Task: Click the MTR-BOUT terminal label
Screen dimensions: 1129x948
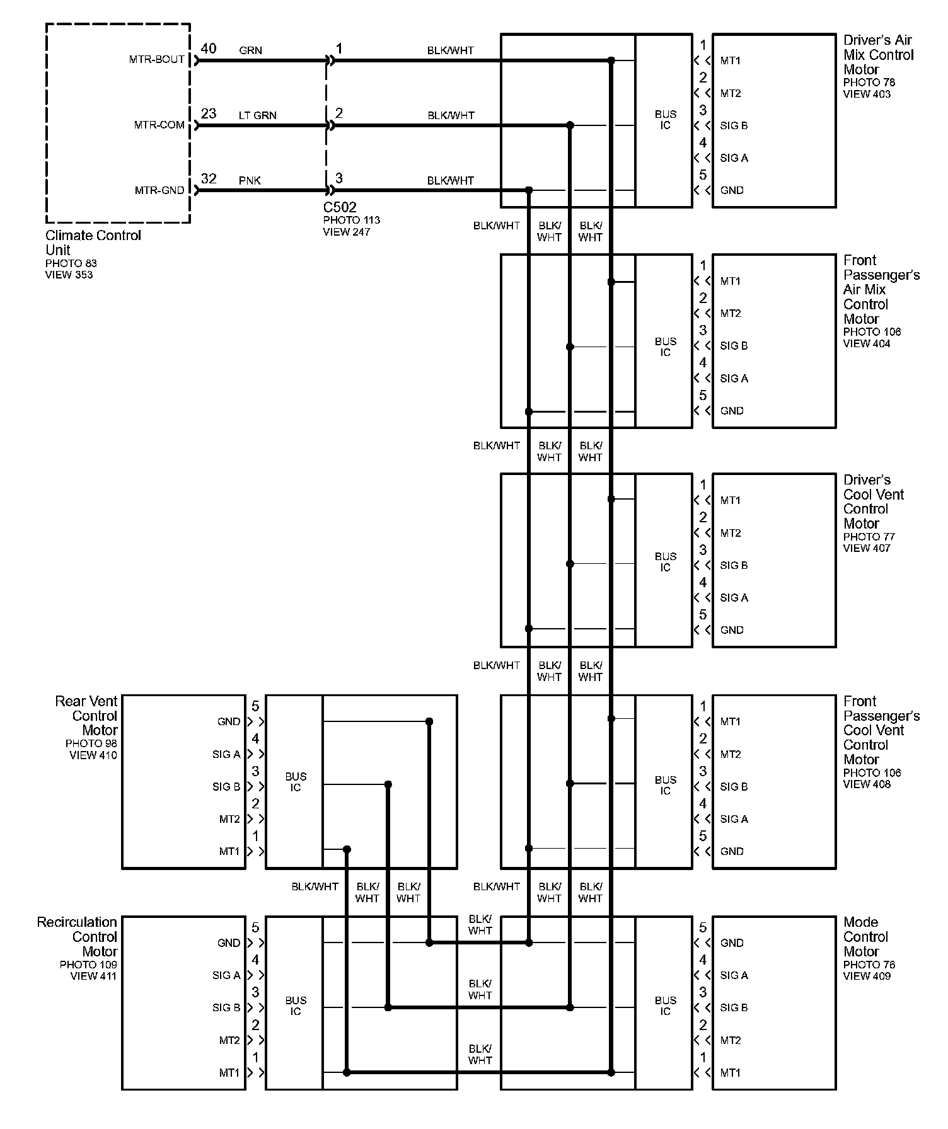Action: pos(156,60)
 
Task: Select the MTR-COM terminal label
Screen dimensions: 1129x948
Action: pos(159,125)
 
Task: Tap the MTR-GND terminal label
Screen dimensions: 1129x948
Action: pos(159,190)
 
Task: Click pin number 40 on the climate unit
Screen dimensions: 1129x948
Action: pos(209,49)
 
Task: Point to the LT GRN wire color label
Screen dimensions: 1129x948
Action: pos(257,115)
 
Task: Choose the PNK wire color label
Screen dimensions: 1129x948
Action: pos(250,181)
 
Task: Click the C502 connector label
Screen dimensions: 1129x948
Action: pos(340,207)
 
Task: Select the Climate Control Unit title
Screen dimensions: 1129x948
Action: pos(93,243)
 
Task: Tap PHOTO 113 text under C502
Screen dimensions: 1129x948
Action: pos(351,220)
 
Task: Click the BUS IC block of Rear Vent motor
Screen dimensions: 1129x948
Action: pos(295,782)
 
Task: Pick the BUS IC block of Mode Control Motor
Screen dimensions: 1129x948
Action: pos(665,1006)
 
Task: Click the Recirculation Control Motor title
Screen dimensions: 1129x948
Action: pos(77,937)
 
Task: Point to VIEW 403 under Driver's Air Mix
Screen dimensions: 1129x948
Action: pos(867,94)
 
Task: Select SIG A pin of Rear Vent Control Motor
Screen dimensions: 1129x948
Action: pos(226,754)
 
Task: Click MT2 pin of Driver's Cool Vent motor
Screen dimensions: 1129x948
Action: pos(731,533)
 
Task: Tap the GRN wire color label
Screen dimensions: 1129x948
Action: pos(250,50)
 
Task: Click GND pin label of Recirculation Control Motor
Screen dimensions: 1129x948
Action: pos(228,943)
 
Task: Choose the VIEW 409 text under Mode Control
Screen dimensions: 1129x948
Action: pos(867,976)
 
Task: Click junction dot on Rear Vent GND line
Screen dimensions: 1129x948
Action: pos(429,721)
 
